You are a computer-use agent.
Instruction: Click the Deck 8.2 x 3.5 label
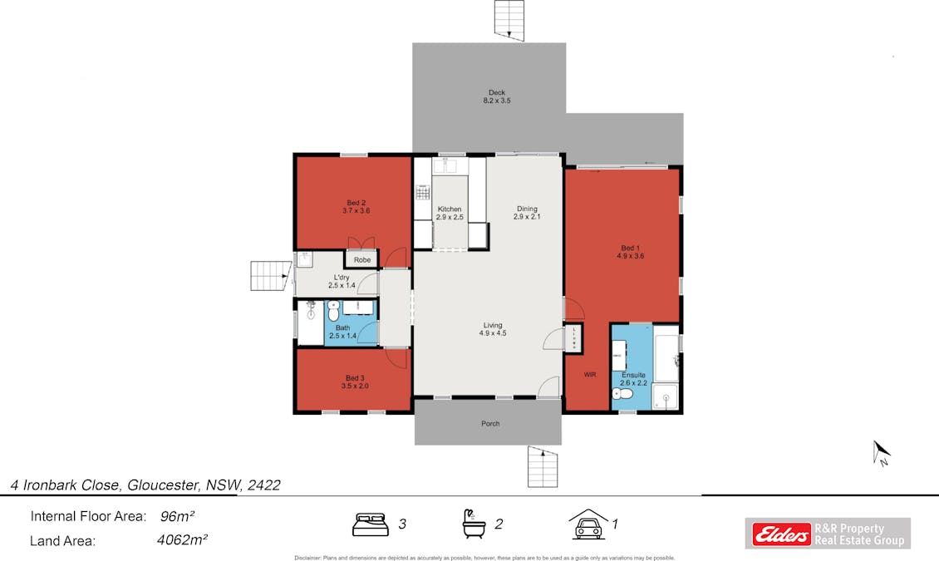coord(496,96)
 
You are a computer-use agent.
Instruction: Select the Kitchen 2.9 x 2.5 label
coord(450,213)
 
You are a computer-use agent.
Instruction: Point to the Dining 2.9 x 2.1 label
coord(527,213)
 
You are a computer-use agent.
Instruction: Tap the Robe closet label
coord(362,260)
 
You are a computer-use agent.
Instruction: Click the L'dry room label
coord(342,282)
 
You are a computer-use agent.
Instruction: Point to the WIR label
coord(590,375)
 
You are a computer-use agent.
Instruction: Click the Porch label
coord(490,424)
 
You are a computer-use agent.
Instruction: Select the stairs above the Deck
coord(509,19)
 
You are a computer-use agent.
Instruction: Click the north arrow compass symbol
coord(881,453)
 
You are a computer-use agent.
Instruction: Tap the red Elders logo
coord(781,534)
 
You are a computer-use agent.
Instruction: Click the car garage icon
coord(587,524)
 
